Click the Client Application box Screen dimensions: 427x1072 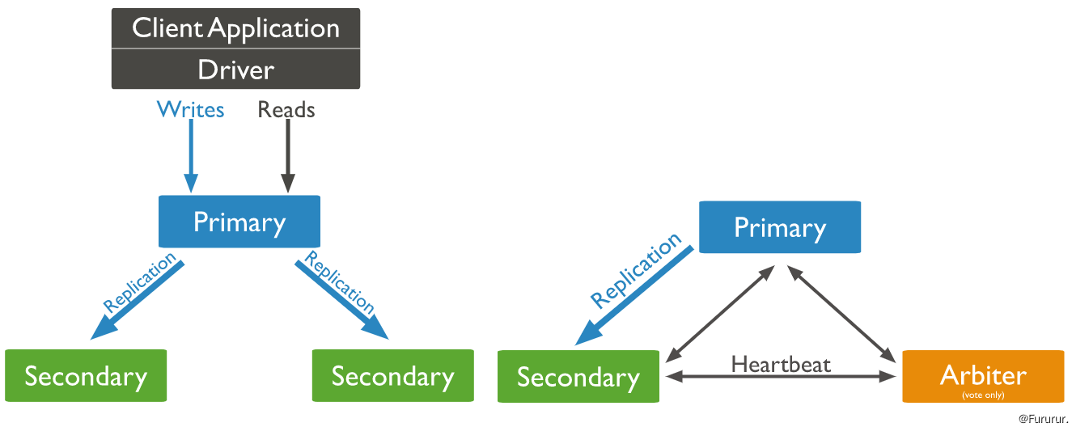[x=235, y=28]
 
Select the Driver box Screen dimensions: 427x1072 [x=235, y=70]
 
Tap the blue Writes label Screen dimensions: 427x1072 [x=191, y=109]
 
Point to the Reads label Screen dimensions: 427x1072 [x=286, y=109]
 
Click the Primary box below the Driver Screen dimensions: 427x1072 [x=239, y=222]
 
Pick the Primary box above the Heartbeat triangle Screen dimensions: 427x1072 [x=779, y=227]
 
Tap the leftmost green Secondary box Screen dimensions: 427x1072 [x=86, y=376]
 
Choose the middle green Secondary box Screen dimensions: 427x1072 [x=392, y=376]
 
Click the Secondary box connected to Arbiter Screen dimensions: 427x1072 [x=578, y=377]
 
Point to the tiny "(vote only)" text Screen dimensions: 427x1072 [x=983, y=395]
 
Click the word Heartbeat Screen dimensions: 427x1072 [x=781, y=364]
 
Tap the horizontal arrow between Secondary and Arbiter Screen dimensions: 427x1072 [x=781, y=377]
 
